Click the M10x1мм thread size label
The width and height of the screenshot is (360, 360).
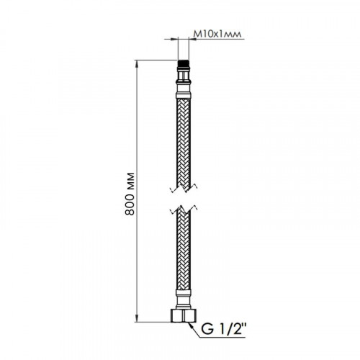pyautogui.click(x=217, y=35)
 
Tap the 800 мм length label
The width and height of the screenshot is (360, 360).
pyautogui.click(x=130, y=194)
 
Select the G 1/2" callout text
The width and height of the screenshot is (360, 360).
pyautogui.click(x=223, y=330)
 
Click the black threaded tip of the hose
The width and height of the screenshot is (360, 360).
pyautogui.click(x=184, y=63)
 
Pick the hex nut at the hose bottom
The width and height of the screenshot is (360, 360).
pyautogui.click(x=184, y=315)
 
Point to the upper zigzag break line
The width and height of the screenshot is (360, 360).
pyautogui.click(x=184, y=189)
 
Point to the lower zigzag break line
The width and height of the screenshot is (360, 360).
pyautogui.click(x=184, y=210)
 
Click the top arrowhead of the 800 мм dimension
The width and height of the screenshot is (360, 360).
pyautogui.click(x=137, y=63)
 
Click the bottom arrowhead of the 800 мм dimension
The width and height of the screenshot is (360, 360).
pyautogui.click(x=137, y=318)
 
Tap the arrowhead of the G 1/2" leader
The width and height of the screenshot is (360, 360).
pyautogui.click(x=191, y=325)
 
